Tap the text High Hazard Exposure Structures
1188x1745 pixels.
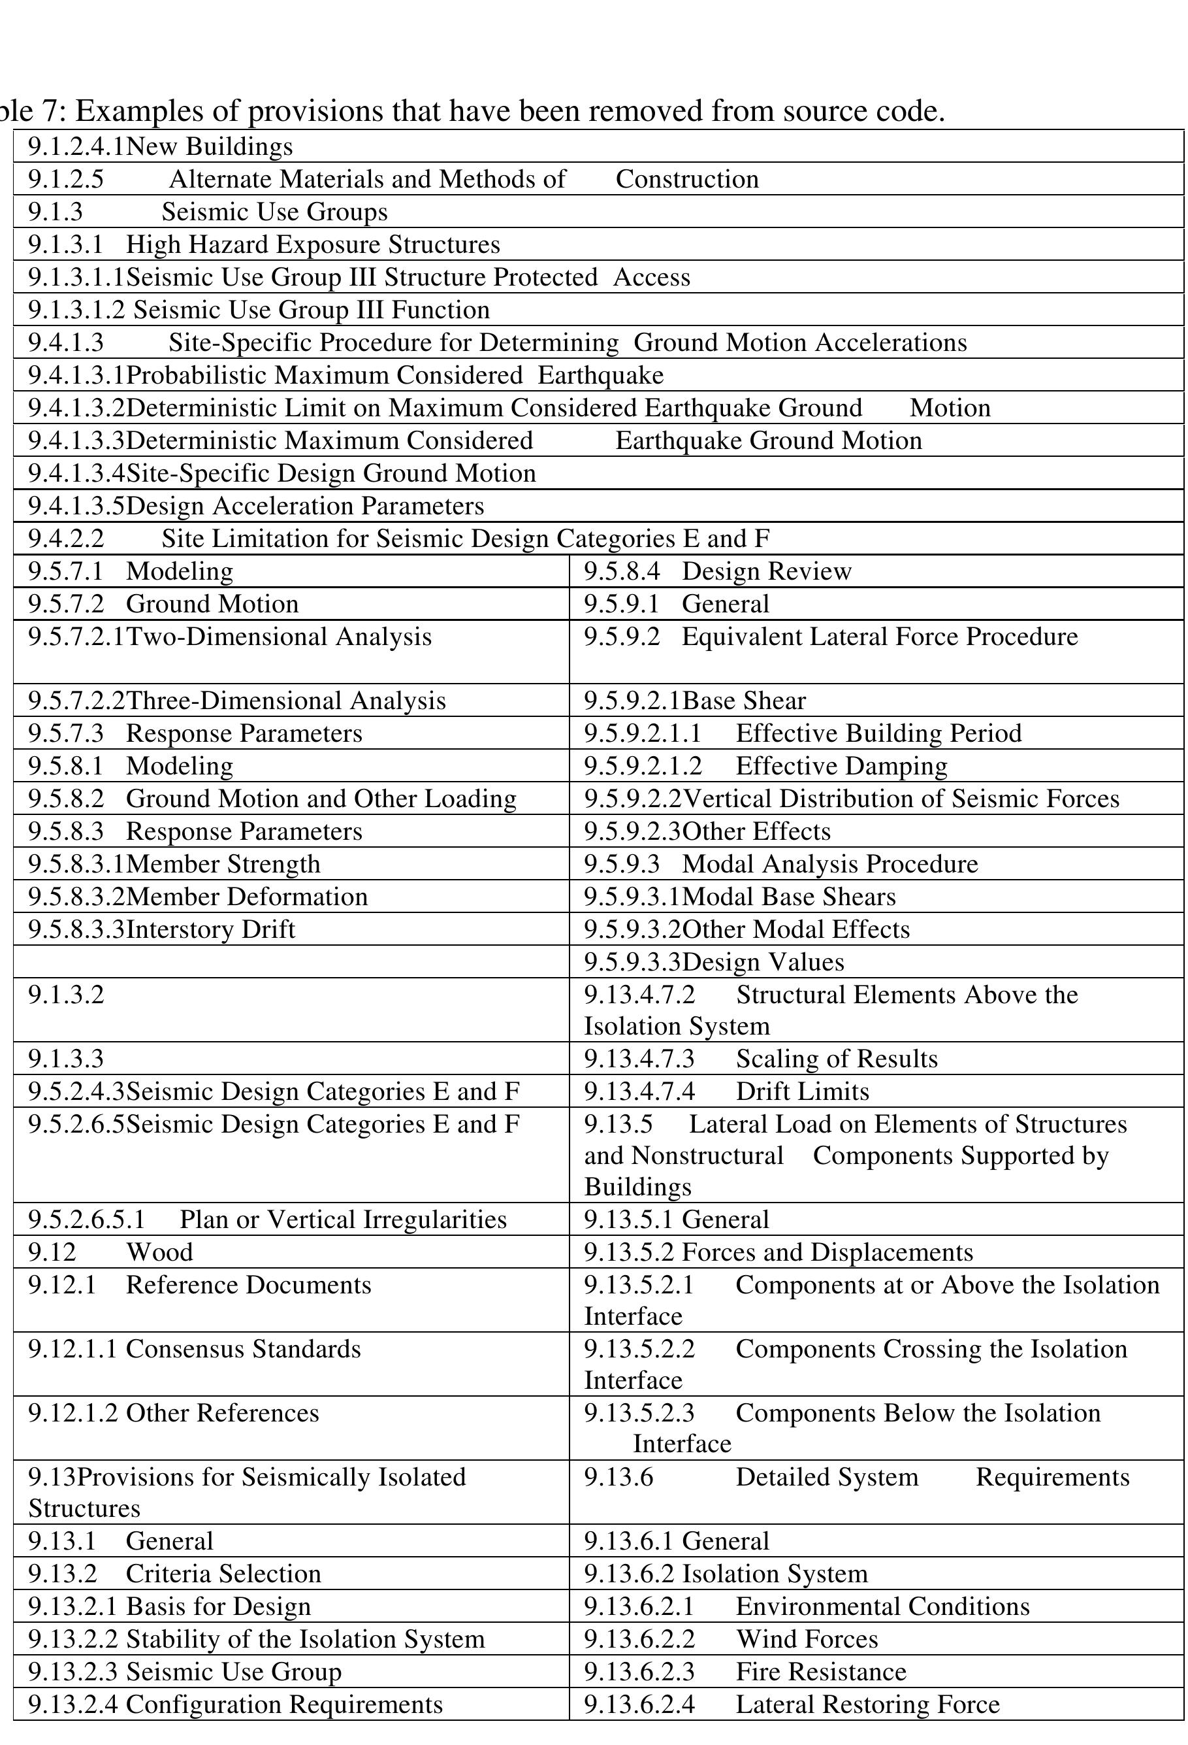coord(312,245)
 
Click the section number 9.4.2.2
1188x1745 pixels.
coord(66,539)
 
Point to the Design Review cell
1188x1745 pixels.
coord(766,571)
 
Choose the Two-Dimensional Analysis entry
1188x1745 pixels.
coord(278,637)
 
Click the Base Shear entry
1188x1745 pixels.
coord(744,701)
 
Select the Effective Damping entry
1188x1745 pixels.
coord(841,766)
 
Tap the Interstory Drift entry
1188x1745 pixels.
coord(211,929)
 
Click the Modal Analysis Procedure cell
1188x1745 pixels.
coord(829,864)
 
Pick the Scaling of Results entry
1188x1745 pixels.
coord(837,1059)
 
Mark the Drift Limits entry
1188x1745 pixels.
coord(802,1091)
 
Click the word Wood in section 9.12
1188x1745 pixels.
coord(159,1252)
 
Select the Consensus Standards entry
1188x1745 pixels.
coord(243,1348)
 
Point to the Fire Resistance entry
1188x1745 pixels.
coord(821,1671)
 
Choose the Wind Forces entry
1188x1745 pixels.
coord(807,1638)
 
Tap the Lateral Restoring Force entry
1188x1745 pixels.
coord(867,1704)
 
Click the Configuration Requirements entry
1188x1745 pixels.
coord(285,1704)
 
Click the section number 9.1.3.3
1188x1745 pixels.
coord(66,1059)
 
